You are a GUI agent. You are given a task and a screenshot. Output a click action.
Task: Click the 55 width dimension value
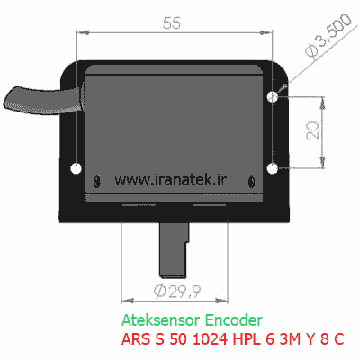[172, 23]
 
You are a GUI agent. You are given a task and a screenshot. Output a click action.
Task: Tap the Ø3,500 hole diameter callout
[328, 36]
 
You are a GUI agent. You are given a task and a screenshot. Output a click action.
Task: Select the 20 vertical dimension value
[313, 130]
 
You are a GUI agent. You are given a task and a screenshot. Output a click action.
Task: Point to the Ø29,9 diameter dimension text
[177, 291]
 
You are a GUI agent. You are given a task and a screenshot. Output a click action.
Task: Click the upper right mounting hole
[273, 96]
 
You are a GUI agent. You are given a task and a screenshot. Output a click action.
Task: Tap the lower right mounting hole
[273, 168]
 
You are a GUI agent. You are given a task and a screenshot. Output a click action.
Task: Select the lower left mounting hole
[76, 168]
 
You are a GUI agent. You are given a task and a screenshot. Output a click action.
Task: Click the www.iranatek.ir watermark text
[170, 179]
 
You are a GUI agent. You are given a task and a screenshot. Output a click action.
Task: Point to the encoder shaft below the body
[175, 249]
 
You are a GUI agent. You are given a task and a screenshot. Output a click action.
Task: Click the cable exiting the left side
[42, 100]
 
